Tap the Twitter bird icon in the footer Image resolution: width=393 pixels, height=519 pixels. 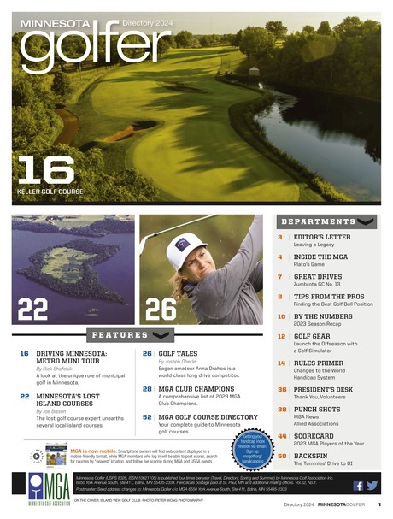pyautogui.click(x=372, y=485)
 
